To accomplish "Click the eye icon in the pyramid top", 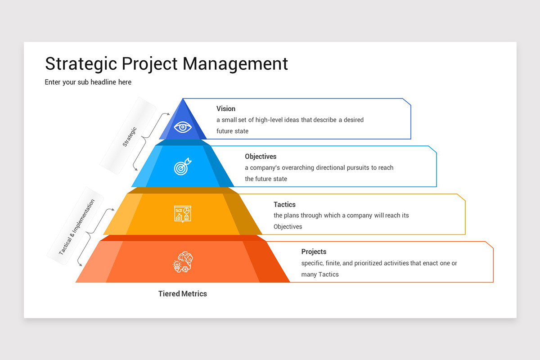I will pos(183,127).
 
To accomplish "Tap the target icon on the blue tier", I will pos(182,167).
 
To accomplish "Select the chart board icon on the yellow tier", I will pos(183,213).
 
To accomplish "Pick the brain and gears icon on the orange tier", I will pos(183,261).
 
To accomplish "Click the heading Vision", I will pos(225,108).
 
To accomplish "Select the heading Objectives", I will pos(261,157).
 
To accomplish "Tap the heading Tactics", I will pos(284,204).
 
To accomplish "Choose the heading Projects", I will pos(314,252).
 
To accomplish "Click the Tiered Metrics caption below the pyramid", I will pos(182,294).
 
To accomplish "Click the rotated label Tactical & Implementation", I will pos(76,227).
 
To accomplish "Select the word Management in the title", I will pos(235,63).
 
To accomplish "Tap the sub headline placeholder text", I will pos(88,82).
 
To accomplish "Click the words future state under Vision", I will pos(232,131).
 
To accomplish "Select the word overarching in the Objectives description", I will pos(297,167).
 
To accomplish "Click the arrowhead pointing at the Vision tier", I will pos(168,115).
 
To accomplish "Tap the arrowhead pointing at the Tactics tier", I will pos(112,209).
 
